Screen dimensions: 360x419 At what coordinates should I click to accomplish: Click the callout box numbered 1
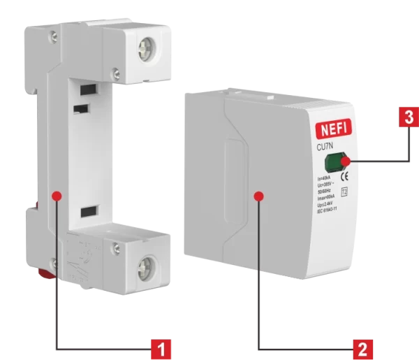click(161, 347)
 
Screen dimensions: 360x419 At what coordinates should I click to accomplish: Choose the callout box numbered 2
click(362, 347)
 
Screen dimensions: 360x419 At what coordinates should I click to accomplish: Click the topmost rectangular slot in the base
click(87, 89)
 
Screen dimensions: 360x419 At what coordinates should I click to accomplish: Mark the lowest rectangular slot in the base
click(87, 211)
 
